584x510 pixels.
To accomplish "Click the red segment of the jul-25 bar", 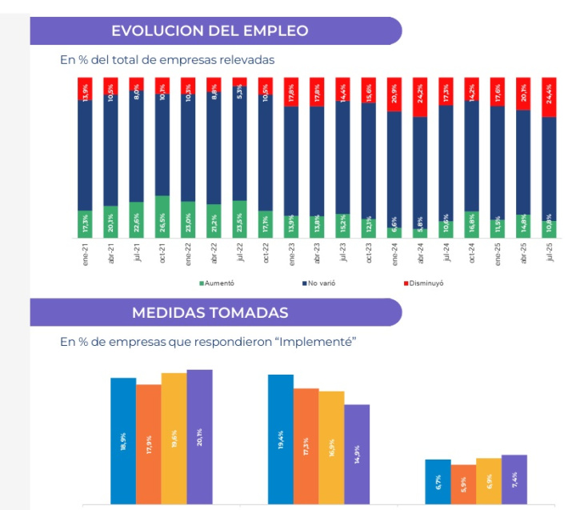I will click(x=549, y=97).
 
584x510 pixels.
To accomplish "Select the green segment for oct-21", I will click(x=162, y=216).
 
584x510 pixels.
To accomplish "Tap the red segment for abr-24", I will click(x=419, y=97).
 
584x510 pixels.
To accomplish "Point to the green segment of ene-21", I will click(x=84, y=223).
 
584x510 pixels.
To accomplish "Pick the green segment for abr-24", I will click(x=419, y=233).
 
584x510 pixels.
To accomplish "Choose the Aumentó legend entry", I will click(x=218, y=283).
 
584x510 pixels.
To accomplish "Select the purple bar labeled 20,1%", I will click(x=199, y=436).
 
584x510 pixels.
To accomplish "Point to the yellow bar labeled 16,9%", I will click(x=331, y=448).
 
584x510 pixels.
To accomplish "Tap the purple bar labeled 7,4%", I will click(x=514, y=480).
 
